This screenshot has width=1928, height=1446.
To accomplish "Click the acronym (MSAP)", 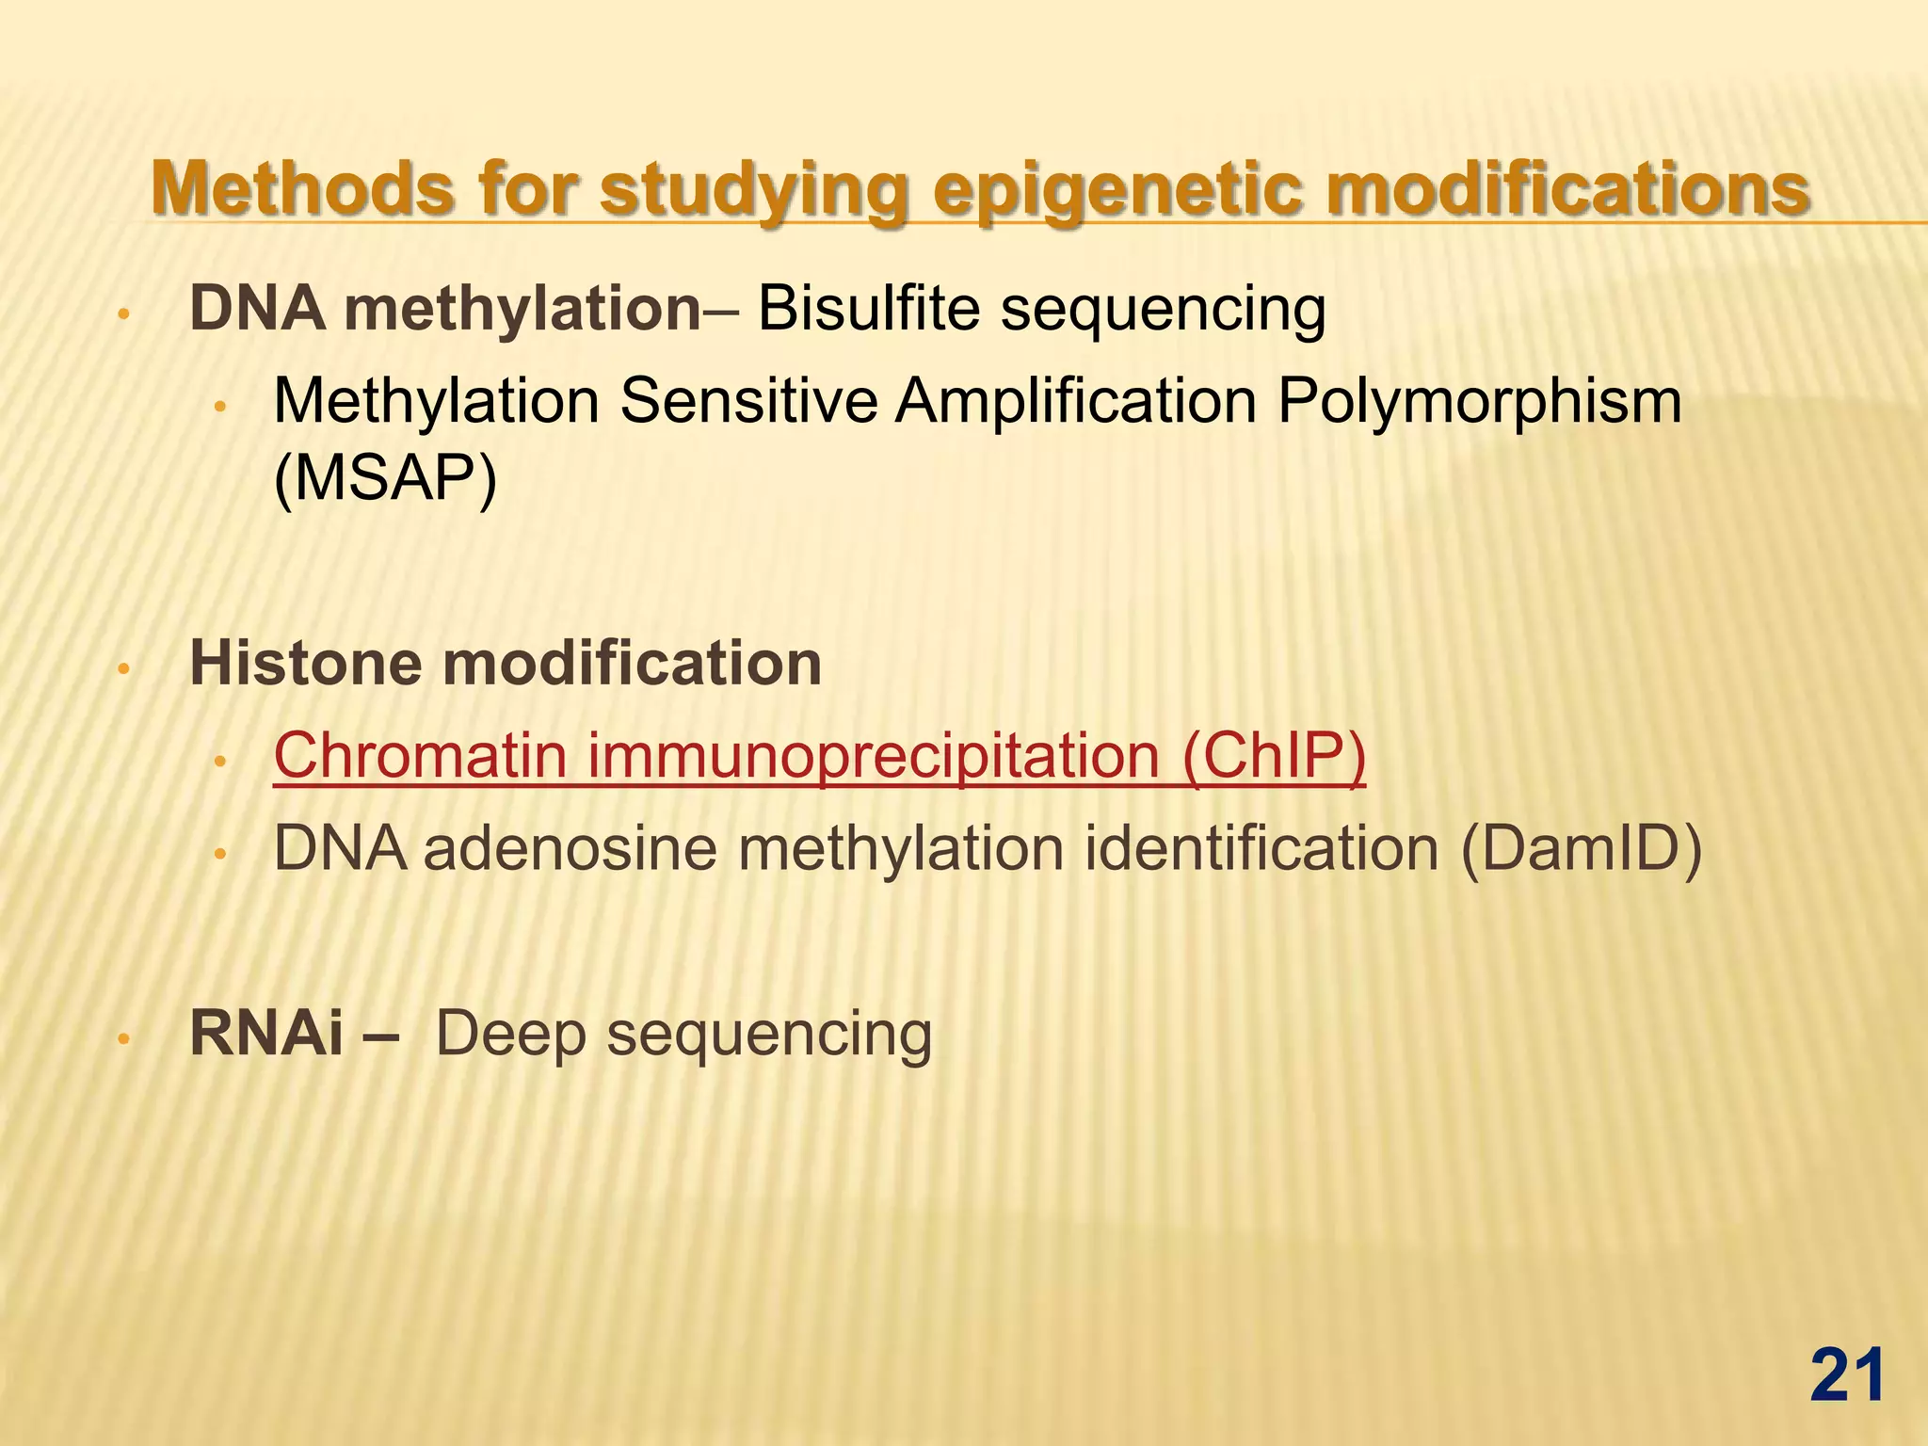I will [384, 478].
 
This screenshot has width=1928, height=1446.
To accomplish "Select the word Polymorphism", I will [1479, 402].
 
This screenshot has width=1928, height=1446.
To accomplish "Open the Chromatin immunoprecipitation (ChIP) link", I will [819, 755].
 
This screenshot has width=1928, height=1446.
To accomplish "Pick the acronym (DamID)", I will [1581, 849].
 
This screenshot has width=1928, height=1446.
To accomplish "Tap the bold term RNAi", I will [266, 1033].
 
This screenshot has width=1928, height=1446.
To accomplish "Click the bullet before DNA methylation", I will [121, 314].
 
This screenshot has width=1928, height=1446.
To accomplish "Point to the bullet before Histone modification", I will [121, 670].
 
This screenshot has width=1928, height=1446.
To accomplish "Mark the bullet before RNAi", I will [121, 1039].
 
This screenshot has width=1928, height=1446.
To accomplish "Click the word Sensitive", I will [748, 402].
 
